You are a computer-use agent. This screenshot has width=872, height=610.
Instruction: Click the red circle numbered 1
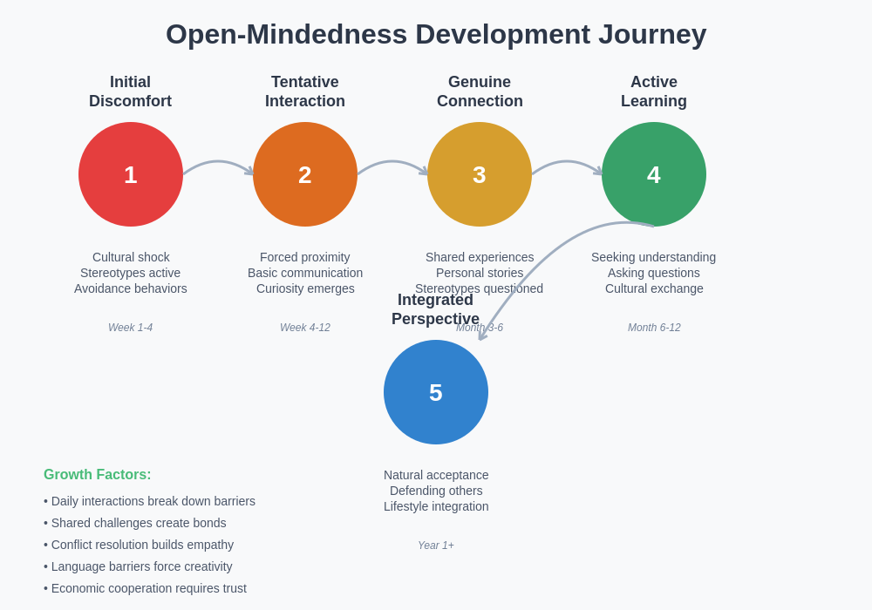(131, 174)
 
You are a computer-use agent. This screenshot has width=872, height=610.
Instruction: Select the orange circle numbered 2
(305, 174)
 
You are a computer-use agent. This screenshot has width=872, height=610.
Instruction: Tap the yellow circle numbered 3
(480, 174)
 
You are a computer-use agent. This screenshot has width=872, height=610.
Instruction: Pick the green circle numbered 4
(654, 174)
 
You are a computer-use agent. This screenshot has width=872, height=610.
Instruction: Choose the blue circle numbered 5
(436, 392)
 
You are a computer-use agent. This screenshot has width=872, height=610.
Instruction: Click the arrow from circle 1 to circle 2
(218, 162)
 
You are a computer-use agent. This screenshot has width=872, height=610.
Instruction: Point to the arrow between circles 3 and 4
(567, 162)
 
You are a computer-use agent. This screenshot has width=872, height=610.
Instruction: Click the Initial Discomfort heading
(131, 91)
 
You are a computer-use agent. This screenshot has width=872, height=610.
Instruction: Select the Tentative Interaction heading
(305, 91)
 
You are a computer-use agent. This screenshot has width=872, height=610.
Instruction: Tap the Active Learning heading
(654, 91)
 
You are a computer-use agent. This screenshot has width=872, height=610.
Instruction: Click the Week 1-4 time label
(131, 328)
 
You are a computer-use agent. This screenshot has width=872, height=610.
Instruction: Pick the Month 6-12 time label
(654, 328)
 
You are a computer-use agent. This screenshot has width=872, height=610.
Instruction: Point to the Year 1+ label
(436, 546)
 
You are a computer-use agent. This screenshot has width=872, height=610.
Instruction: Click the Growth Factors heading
(98, 475)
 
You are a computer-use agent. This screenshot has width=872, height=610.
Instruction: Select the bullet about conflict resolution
(140, 545)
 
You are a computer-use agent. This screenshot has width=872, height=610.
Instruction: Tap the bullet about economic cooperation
(146, 588)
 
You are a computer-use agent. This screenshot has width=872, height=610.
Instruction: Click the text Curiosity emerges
(305, 288)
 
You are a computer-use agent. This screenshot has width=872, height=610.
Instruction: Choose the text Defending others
(436, 491)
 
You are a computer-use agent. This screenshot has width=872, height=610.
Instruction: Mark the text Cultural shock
(131, 257)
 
